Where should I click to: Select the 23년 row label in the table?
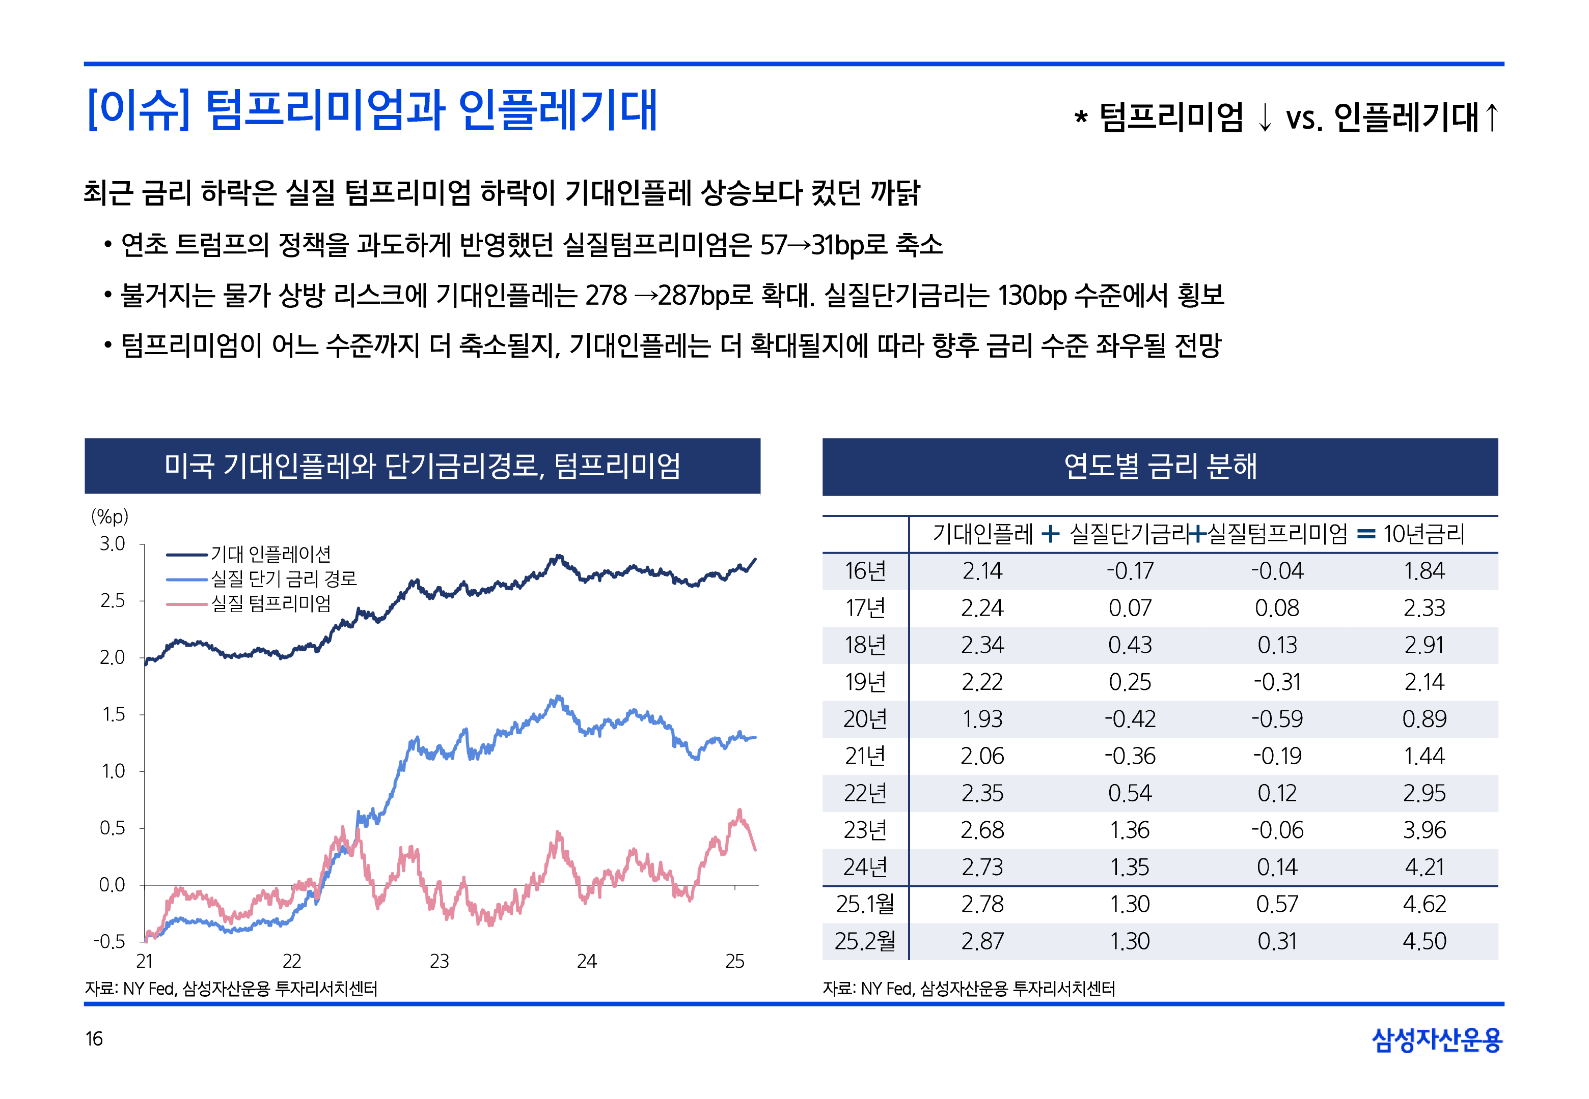pos(865,830)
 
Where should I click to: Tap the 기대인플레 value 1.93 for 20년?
pos(982,719)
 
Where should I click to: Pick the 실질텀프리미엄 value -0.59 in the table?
pos(1277,719)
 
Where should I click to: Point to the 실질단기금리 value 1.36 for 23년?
pos(1130,830)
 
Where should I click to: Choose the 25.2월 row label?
pos(865,941)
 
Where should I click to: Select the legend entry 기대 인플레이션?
pos(271,554)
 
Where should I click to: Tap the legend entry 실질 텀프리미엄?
pos(271,603)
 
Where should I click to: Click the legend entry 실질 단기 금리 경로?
pos(283,579)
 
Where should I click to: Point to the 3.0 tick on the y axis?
pos(113,544)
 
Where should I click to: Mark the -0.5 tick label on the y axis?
pos(109,941)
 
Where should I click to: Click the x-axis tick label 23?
pos(439,961)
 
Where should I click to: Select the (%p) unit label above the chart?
pos(109,516)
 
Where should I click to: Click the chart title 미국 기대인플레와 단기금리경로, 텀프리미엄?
pos(422,466)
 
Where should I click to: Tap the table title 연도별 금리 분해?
pos(1160,466)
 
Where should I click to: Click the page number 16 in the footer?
pos(94,1038)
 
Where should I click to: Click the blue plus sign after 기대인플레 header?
pos(1050,534)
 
